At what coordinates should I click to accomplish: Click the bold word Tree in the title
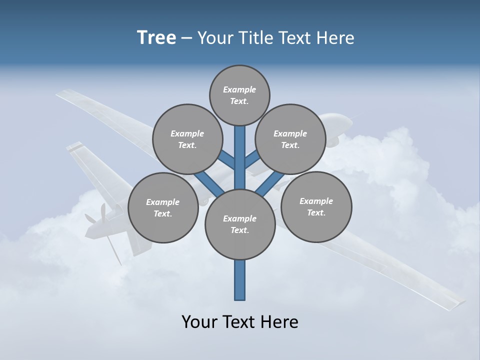coord(156,37)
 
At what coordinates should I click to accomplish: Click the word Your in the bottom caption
coord(199,321)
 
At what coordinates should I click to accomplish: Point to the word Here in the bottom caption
coord(279,321)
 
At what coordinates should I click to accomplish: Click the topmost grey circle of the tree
coord(239,95)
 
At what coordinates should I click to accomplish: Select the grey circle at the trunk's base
coord(240,224)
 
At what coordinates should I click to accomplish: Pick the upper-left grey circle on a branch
coord(187,139)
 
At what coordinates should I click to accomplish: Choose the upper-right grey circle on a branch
coord(290,139)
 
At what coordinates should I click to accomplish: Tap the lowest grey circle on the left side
coord(162,207)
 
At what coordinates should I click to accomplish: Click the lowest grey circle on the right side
coord(316,206)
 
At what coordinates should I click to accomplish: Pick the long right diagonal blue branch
coord(272,182)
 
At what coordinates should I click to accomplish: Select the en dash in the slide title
coord(187,38)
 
